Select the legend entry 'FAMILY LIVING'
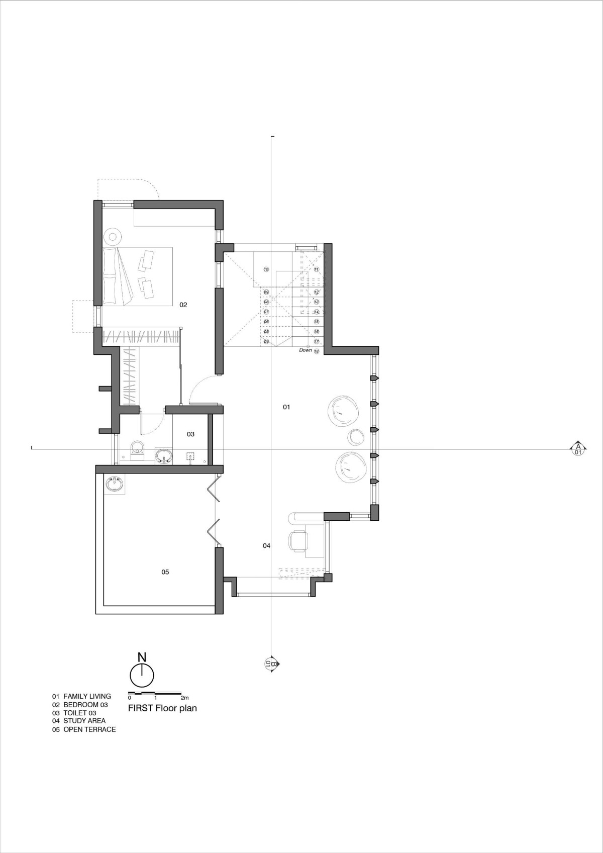87,696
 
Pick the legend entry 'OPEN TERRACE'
89,730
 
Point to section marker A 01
578,449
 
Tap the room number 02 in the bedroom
183,305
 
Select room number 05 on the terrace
165,572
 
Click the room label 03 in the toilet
190,434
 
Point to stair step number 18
317,351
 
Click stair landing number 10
266,269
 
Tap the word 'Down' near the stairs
306,350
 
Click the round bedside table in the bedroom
113,237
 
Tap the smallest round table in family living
356,437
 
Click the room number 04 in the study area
266,546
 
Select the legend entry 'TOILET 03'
79,713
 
